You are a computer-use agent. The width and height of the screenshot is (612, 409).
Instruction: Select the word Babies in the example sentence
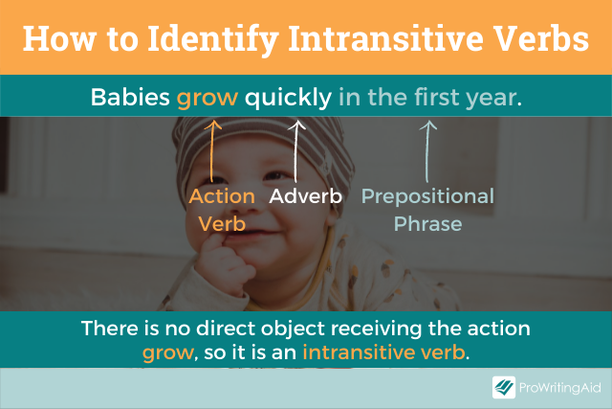(131, 97)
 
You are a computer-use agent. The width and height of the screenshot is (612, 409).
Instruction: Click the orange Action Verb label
(221, 210)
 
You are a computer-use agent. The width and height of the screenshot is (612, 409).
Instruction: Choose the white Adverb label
(307, 196)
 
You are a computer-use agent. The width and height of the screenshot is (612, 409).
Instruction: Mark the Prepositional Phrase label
(426, 210)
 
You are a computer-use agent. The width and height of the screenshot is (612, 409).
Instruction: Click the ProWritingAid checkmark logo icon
(505, 387)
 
